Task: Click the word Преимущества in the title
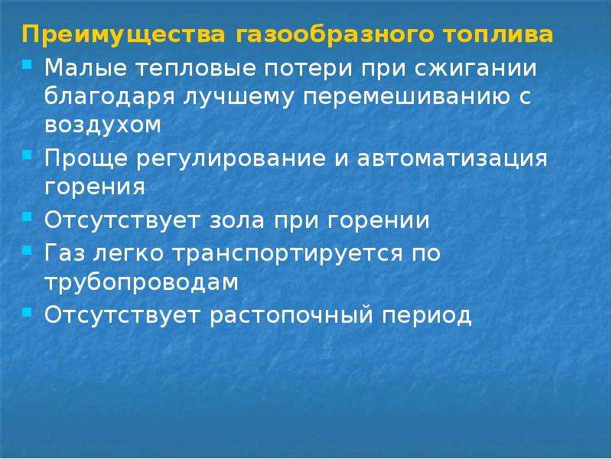click(x=124, y=35)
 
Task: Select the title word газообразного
click(x=334, y=35)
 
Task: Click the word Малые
click(x=86, y=68)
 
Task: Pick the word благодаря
click(x=109, y=98)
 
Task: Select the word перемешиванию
click(x=407, y=98)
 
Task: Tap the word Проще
click(x=86, y=159)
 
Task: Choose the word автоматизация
click(x=452, y=159)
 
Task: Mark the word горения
click(x=95, y=187)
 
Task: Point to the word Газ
click(x=64, y=252)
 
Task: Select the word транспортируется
click(x=288, y=254)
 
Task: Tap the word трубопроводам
click(x=142, y=282)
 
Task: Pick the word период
click(x=427, y=315)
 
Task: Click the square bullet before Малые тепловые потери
click(x=27, y=64)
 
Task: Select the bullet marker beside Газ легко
click(x=27, y=249)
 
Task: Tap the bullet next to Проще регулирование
click(x=27, y=155)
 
